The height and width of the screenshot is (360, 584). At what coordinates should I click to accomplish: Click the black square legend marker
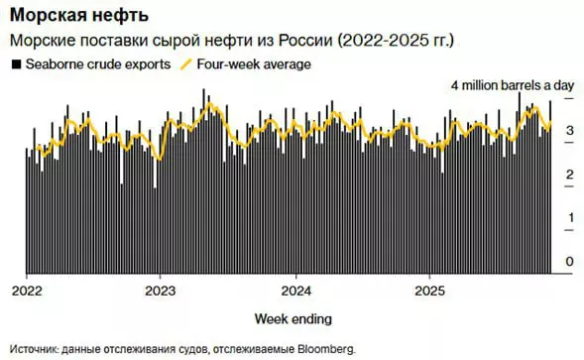coord(15,64)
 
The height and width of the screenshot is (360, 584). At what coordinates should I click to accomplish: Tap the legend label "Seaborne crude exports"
coord(93,64)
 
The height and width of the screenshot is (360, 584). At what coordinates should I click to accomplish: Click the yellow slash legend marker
coord(184,64)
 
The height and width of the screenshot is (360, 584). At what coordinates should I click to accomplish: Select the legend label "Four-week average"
coord(254,64)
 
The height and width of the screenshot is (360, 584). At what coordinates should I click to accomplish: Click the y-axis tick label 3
coord(569,131)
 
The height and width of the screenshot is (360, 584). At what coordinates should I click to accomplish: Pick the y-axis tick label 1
coord(569,218)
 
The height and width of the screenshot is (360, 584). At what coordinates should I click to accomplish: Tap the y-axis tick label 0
coord(569,262)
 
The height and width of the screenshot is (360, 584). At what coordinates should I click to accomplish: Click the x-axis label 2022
coord(26,291)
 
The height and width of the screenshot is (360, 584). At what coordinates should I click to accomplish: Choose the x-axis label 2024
coord(294,291)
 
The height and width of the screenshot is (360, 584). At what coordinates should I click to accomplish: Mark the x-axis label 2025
coord(428,291)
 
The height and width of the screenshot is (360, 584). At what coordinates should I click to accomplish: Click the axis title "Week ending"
coord(292,318)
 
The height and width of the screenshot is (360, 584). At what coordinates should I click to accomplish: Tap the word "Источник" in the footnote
coord(34,349)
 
